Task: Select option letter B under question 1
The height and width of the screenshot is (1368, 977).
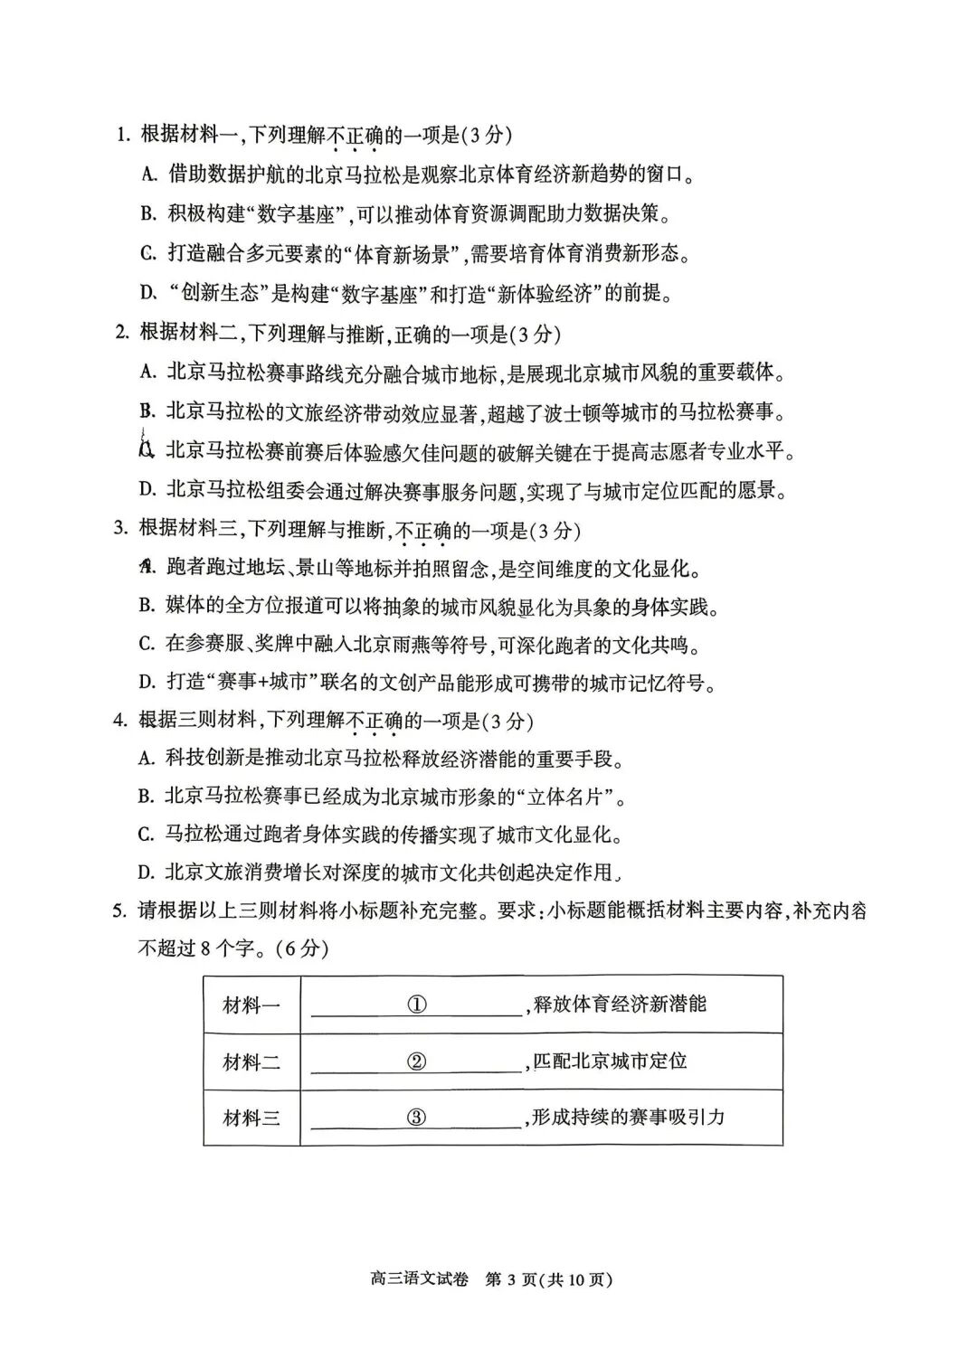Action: pyautogui.click(x=148, y=214)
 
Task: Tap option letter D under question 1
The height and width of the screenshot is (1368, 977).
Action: pyautogui.click(x=148, y=292)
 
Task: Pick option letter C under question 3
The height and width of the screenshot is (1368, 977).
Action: pyautogui.click(x=147, y=645)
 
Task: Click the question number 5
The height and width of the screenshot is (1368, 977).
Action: pyautogui.click(x=119, y=910)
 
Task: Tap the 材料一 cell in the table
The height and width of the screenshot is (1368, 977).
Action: pyautogui.click(x=251, y=1005)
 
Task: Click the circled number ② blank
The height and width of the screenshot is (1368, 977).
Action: pyautogui.click(x=416, y=1061)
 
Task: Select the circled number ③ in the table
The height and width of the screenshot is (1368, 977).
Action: pyautogui.click(x=416, y=1118)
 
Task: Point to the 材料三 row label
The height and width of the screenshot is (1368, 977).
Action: pyautogui.click(x=251, y=1118)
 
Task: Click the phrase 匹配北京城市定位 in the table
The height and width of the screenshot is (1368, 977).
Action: pyautogui.click(x=610, y=1061)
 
